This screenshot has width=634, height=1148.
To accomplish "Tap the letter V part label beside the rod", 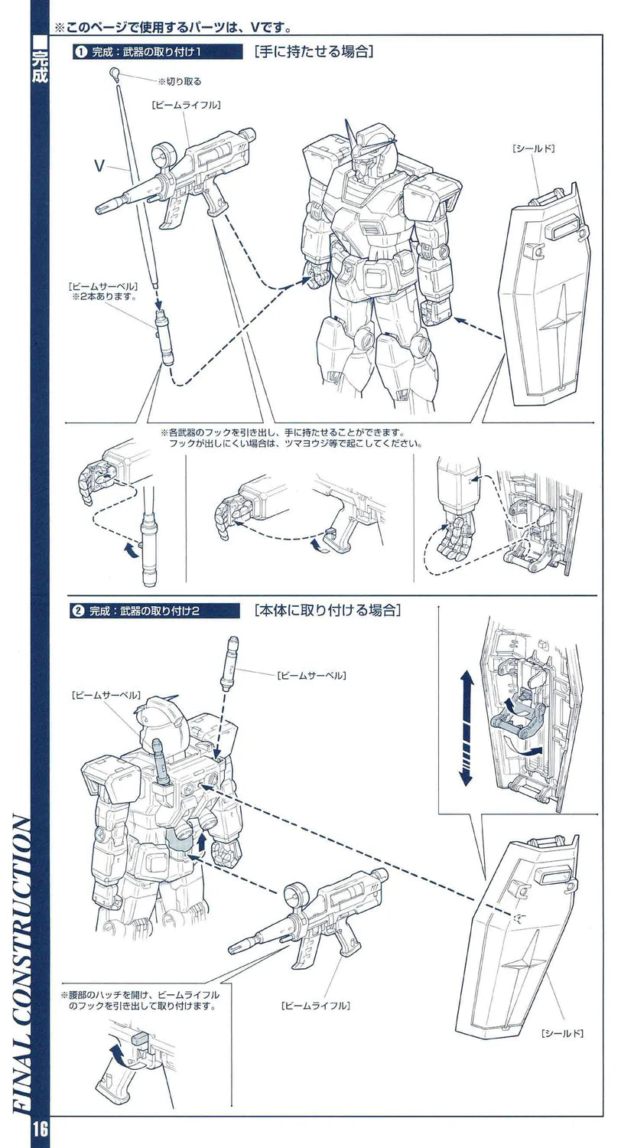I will pyautogui.click(x=99, y=165).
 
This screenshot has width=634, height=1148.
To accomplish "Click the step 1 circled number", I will pyautogui.click(x=79, y=52).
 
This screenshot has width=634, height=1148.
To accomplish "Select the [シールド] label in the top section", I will pyautogui.click(x=533, y=148).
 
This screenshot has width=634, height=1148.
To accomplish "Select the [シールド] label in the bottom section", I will pyautogui.click(x=562, y=1033).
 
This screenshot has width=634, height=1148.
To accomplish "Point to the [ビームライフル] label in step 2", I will pyautogui.click(x=315, y=1005).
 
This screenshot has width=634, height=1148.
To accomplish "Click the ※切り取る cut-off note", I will pyautogui.click(x=179, y=81).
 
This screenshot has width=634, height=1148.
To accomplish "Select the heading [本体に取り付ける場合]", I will pyautogui.click(x=327, y=611).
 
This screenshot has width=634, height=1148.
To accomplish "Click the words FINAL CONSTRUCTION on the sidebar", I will pyautogui.click(x=22, y=964).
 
